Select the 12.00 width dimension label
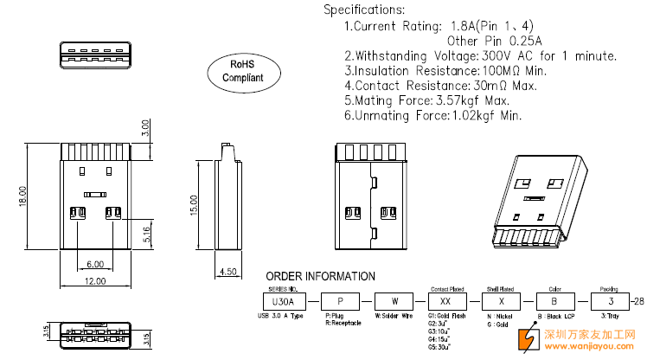[x=94, y=280]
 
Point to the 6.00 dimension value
[x=94, y=263]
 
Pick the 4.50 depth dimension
[x=228, y=272]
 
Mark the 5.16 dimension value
[x=146, y=233]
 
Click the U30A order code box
[x=283, y=301]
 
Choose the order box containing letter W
[x=394, y=301]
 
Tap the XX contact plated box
[x=446, y=301]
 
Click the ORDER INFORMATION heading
[x=321, y=276]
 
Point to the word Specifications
[x=364, y=10]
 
